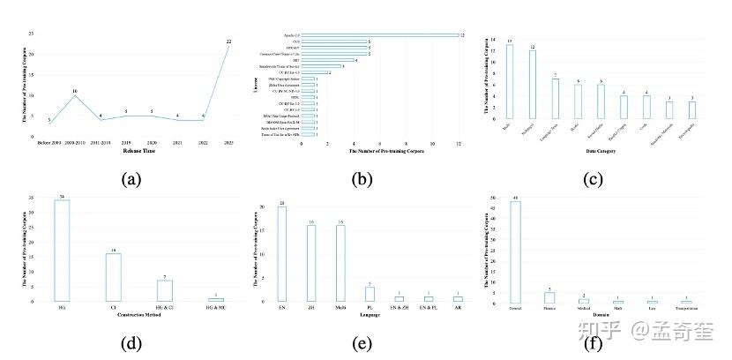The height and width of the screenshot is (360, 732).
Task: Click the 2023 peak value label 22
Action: [228, 41]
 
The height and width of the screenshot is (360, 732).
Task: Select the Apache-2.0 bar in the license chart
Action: [377, 35]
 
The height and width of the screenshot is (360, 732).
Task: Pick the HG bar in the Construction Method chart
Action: [63, 251]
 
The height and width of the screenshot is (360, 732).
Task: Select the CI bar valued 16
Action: [113, 278]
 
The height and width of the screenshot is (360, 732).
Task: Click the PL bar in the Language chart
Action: [370, 294]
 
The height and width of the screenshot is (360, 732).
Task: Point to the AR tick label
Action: [457, 306]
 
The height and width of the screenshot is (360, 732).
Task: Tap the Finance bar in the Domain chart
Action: [549, 297]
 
